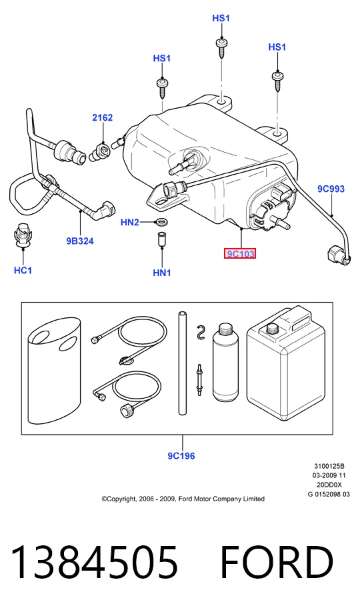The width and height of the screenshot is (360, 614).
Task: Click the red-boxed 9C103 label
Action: point(240,254)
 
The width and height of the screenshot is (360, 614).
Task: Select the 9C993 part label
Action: point(331,189)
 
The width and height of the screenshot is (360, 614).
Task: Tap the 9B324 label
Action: point(80,241)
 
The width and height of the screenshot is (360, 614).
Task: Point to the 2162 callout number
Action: point(102,117)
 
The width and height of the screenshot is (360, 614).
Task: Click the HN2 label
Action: point(130,223)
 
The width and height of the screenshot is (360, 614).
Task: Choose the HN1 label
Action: point(162,273)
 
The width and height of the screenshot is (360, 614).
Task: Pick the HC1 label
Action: point(23,270)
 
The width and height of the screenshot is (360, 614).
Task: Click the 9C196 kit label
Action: point(181,456)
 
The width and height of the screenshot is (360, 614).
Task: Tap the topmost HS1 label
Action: point(221,19)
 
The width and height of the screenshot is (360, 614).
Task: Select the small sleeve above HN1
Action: point(161,239)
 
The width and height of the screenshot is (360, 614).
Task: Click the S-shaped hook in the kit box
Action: point(201,331)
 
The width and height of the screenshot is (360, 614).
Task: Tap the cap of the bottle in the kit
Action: point(225,329)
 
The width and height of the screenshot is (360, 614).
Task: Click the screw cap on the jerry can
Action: point(272,328)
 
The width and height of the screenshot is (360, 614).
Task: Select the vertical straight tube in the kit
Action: point(182,363)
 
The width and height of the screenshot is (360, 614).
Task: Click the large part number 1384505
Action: point(95,562)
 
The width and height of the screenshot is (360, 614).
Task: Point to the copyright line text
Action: point(183,499)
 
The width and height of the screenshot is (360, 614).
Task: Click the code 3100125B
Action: point(329,466)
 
